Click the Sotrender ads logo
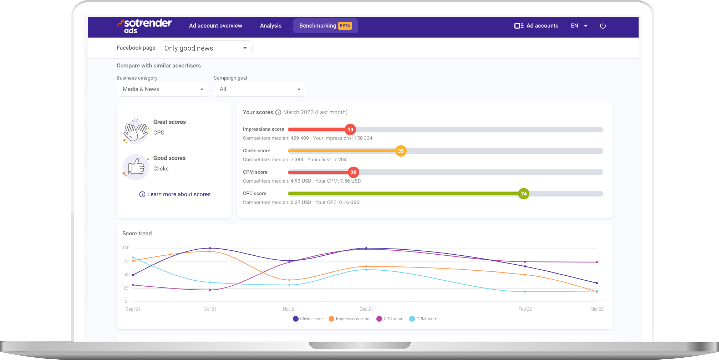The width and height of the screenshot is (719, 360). [144, 26]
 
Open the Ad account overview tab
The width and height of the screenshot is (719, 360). [215, 26]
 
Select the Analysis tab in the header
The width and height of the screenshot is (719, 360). [270, 26]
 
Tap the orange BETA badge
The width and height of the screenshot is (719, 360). [345, 26]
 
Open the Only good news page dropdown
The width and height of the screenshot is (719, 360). [206, 48]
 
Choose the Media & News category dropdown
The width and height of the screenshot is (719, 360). [163, 89]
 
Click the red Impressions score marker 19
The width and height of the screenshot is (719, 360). [350, 129]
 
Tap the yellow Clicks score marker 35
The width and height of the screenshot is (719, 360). [401, 151]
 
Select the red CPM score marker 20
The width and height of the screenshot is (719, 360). [353, 172]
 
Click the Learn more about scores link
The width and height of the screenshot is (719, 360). [179, 194]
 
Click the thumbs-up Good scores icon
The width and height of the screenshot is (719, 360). [136, 167]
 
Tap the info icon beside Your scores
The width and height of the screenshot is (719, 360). [278, 112]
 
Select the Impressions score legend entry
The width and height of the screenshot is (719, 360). [350, 319]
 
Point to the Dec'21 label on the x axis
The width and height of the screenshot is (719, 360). [366, 309]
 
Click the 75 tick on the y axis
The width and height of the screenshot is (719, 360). [126, 261]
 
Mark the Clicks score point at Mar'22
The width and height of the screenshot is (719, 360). [597, 283]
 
